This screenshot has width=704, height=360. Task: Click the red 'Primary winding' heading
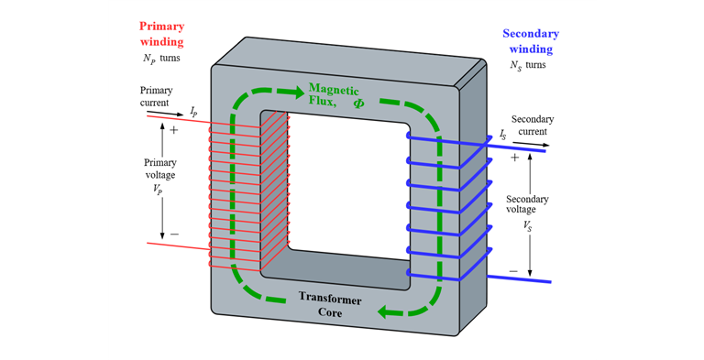pyautogui.click(x=161, y=34)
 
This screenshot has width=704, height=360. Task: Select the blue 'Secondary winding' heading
pyautogui.click(x=531, y=41)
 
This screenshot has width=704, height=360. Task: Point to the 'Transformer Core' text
pyautogui.click(x=329, y=306)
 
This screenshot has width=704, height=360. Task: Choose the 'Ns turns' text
pyautogui.click(x=530, y=66)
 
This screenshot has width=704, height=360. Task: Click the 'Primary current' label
pyautogui.click(x=156, y=96)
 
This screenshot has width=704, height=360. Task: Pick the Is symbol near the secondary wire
pyautogui.click(x=502, y=135)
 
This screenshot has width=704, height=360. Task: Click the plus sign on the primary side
pyautogui.click(x=174, y=131)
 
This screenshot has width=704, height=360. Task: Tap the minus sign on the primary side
pyautogui.click(x=174, y=235)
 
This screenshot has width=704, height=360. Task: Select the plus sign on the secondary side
pyautogui.click(x=514, y=158)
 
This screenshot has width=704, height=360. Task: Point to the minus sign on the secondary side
pyautogui.click(x=513, y=272)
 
